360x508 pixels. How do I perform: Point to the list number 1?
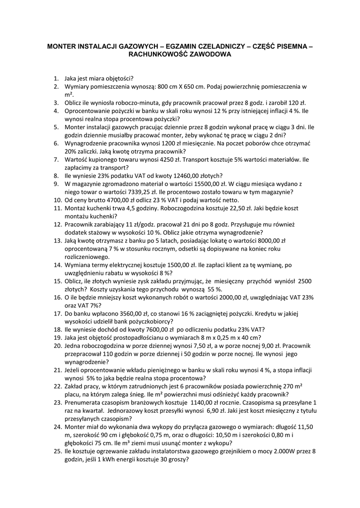coord(57,78)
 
